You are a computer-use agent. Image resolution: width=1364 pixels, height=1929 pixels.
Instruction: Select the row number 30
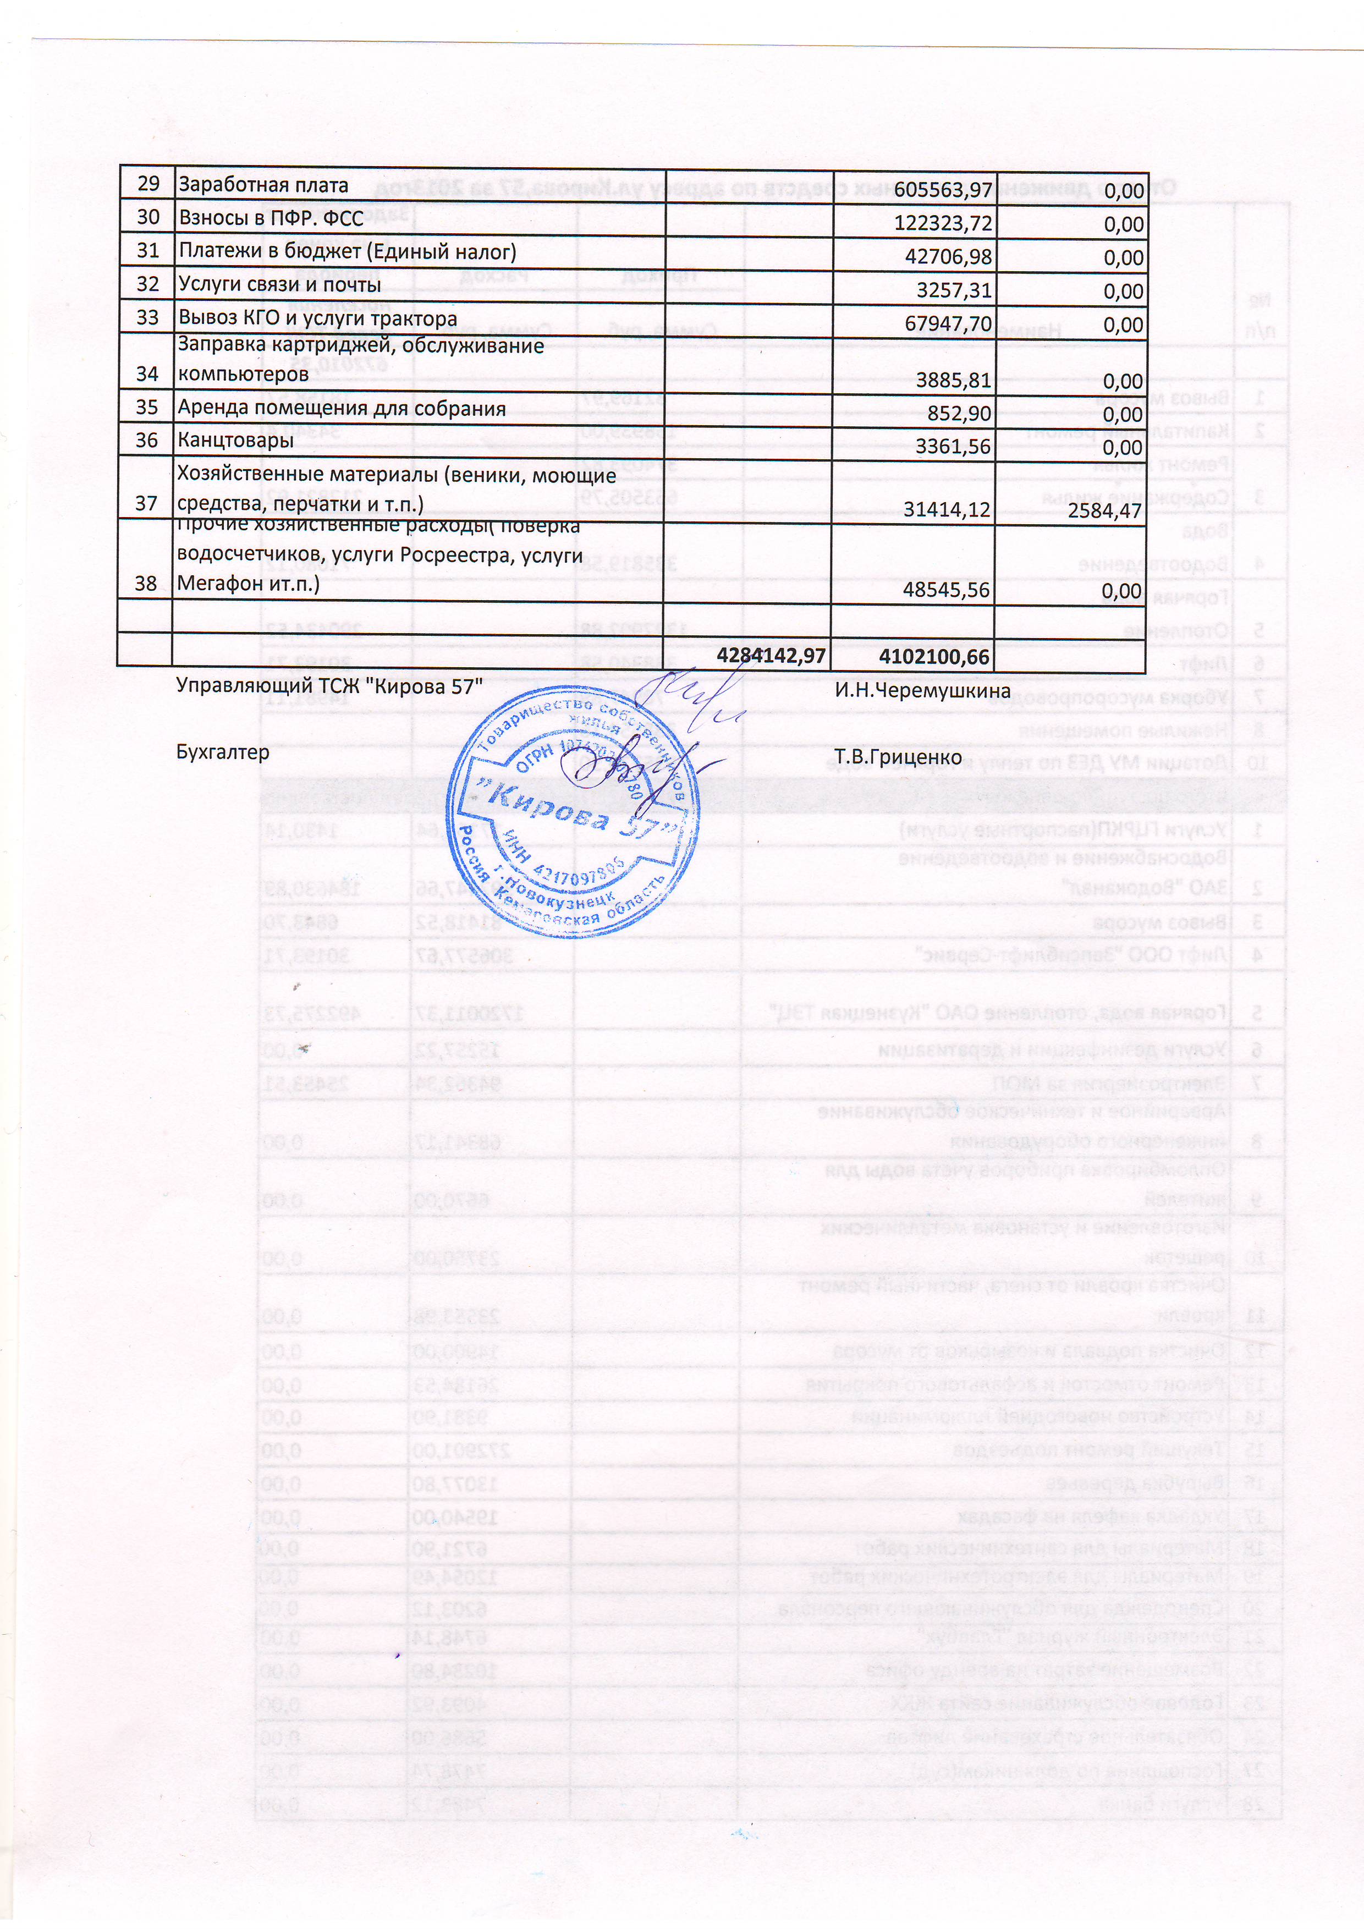point(148,218)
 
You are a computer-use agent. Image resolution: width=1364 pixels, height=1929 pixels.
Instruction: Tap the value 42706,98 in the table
point(948,257)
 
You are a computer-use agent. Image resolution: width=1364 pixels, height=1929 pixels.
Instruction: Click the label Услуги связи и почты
point(280,285)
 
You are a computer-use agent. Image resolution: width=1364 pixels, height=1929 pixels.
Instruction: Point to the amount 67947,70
point(948,323)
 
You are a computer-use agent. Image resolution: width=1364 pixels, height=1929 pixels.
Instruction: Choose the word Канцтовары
point(235,440)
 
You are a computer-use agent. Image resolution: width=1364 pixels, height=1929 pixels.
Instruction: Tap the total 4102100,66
point(934,656)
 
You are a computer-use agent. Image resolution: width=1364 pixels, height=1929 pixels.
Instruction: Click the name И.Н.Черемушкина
point(922,691)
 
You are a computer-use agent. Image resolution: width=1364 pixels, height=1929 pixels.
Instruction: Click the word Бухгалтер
point(223,752)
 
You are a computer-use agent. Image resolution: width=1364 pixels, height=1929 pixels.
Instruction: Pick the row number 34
point(146,374)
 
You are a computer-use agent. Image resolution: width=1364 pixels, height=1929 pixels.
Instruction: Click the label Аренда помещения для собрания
point(341,408)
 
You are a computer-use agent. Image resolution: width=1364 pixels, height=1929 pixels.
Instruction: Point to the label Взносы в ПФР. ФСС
point(271,218)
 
